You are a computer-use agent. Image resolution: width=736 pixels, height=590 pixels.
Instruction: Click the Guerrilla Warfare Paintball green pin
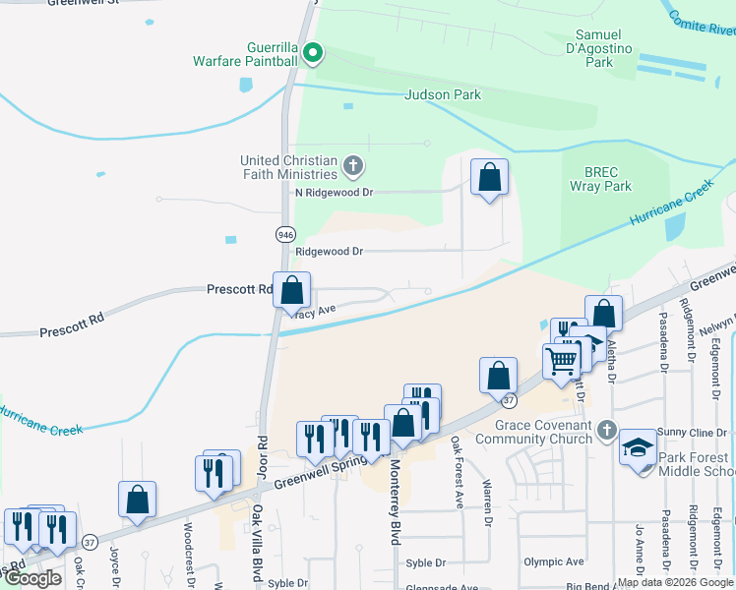(x=313, y=53)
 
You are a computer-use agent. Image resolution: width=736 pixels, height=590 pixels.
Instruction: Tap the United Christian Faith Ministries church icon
(x=353, y=164)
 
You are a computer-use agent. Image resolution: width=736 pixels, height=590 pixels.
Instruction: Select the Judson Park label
(x=443, y=95)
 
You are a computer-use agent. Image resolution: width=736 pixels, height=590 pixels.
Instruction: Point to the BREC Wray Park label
(x=601, y=177)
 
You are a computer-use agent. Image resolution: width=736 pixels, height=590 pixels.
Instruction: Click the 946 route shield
(x=285, y=234)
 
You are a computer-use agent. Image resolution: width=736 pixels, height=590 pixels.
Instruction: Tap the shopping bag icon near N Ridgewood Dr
(x=489, y=178)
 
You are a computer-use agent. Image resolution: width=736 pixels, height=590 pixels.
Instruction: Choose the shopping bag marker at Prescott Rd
(x=291, y=291)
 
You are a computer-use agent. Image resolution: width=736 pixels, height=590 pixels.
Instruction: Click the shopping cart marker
(x=561, y=361)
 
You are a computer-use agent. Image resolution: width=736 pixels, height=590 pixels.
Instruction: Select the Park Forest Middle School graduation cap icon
(x=638, y=449)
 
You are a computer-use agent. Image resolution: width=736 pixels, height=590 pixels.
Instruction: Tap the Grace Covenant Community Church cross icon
(x=607, y=430)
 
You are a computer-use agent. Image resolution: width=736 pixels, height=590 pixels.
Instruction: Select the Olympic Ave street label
(x=553, y=561)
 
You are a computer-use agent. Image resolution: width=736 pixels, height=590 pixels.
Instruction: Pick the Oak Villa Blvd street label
(x=257, y=541)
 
